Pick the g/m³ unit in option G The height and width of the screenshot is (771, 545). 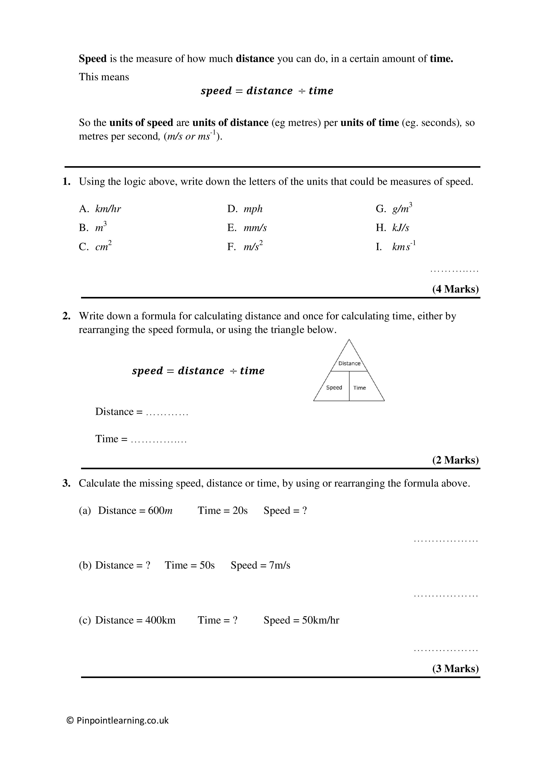(402, 209)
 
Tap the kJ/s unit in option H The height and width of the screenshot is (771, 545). (401, 228)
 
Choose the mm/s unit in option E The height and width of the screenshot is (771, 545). (255, 228)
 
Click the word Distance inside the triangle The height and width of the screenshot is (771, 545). (349, 363)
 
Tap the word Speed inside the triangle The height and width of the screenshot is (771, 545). (334, 387)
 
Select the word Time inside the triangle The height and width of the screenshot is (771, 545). (359, 388)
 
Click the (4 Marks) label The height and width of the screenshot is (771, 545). (455, 289)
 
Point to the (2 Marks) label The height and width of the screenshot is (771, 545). (455, 460)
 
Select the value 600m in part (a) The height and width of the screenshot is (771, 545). (160, 511)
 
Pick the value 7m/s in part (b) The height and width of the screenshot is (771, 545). (280, 566)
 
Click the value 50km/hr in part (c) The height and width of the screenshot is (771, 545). (320, 620)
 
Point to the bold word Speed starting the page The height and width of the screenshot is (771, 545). (93, 59)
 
